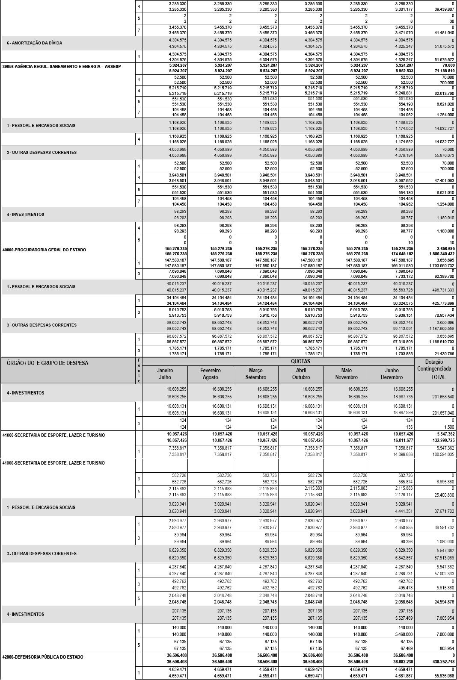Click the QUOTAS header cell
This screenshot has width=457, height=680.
tap(300, 362)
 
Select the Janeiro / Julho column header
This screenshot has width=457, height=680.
tap(165, 374)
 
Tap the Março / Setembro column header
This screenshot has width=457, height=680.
tap(255, 374)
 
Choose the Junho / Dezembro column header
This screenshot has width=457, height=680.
tap(392, 374)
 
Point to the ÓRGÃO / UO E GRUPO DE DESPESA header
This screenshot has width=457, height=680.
tap(47, 363)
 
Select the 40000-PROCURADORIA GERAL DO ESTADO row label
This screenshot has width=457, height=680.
tap(44, 250)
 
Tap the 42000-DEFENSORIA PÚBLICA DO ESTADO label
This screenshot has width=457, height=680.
tap(43, 657)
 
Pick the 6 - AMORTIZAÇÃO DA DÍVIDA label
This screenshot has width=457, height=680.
tap(35, 43)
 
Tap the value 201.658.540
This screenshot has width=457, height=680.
tap(443, 397)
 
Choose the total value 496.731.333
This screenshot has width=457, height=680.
tap(443, 290)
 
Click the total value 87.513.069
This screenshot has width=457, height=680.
tap(444, 558)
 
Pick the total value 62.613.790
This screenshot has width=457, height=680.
tap(444, 93)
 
